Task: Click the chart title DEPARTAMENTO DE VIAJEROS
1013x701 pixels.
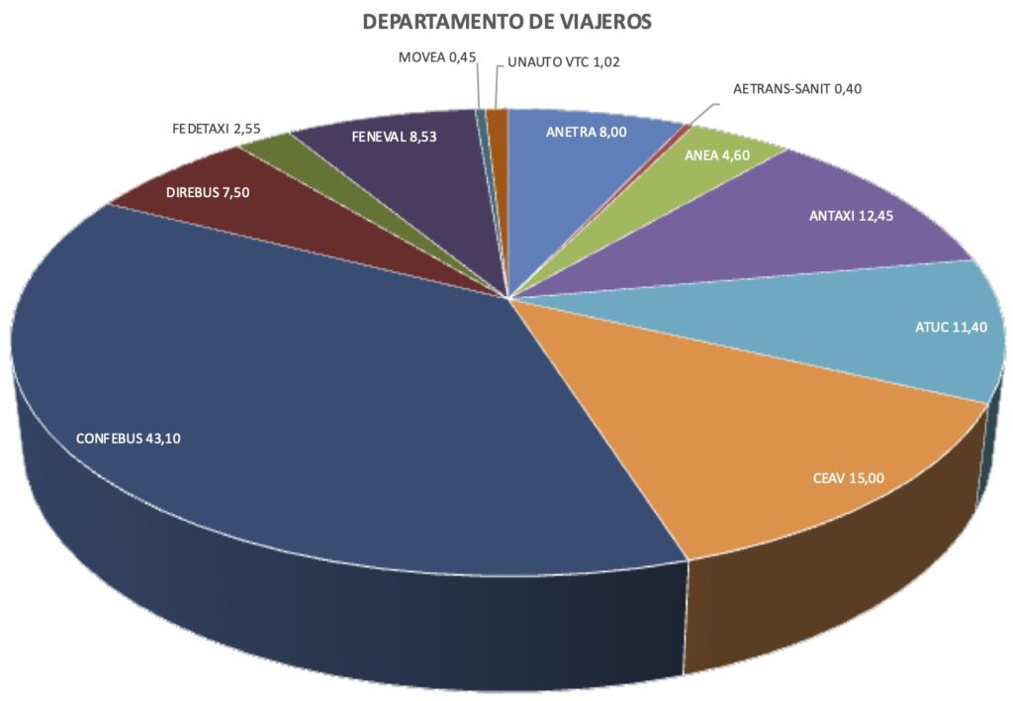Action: pyautogui.click(x=507, y=22)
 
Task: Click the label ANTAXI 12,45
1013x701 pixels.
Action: pyautogui.click(x=851, y=216)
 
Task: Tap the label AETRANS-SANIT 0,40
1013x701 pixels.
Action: pyautogui.click(x=797, y=89)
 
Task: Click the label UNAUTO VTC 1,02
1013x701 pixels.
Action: pyautogui.click(x=564, y=61)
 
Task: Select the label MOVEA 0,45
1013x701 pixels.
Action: pyautogui.click(x=437, y=57)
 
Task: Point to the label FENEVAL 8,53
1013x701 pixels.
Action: pyautogui.click(x=394, y=138)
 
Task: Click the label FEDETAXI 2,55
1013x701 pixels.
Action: pyautogui.click(x=216, y=129)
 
